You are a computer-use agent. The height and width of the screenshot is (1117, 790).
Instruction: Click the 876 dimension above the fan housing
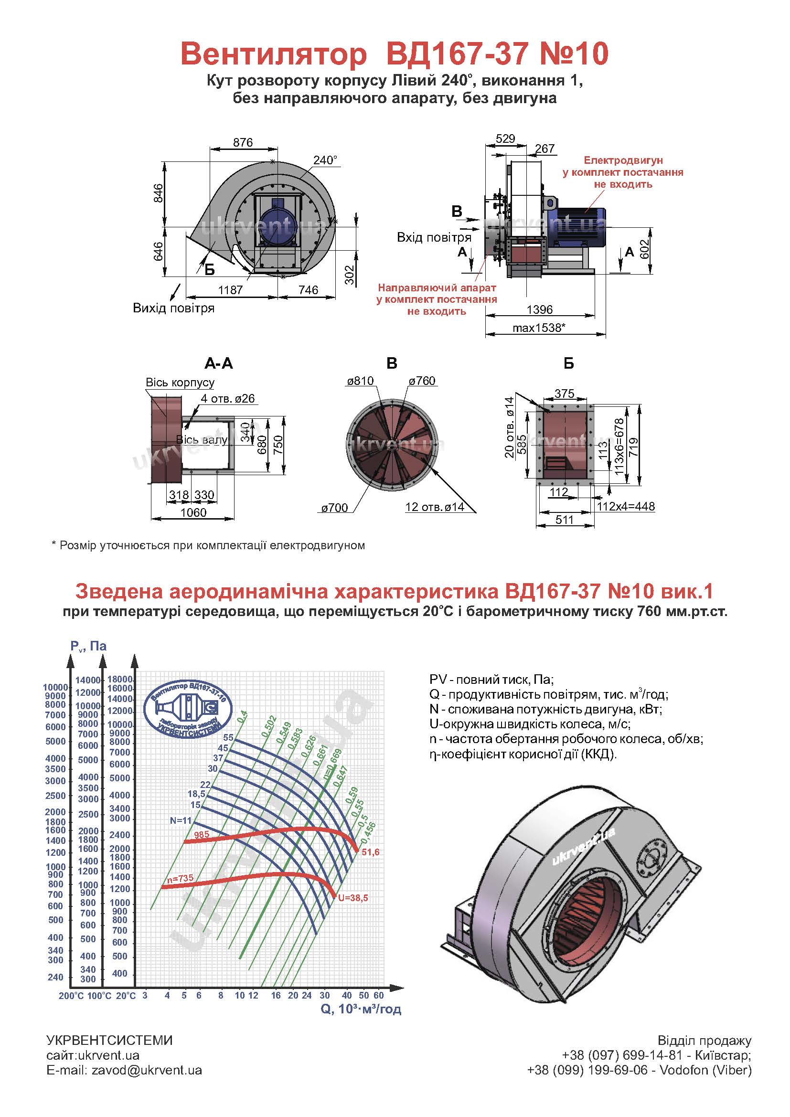tap(243, 142)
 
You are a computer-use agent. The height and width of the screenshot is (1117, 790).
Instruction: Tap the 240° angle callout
tap(325, 160)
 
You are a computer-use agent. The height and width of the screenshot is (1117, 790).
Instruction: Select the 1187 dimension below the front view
tap(230, 290)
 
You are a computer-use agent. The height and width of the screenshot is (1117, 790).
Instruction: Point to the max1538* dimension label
tap(539, 328)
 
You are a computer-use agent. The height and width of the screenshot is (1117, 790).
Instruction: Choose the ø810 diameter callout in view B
tap(360, 381)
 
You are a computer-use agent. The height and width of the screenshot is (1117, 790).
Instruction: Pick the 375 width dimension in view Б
tap(564, 394)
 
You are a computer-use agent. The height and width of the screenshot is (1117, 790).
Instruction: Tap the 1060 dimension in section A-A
tap(193, 513)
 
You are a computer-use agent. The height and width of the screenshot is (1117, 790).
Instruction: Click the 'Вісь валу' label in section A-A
tap(202, 440)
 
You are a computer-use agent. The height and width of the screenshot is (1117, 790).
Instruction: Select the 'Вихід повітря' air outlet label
tap(174, 308)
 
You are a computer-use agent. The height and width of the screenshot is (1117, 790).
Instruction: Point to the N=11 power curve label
tap(181, 821)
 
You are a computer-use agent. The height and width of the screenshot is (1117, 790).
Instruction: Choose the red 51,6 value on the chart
tap(371, 852)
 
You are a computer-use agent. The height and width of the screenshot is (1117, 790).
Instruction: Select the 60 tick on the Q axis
tap(379, 995)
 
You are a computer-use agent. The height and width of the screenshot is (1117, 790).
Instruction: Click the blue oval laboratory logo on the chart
tap(190, 704)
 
